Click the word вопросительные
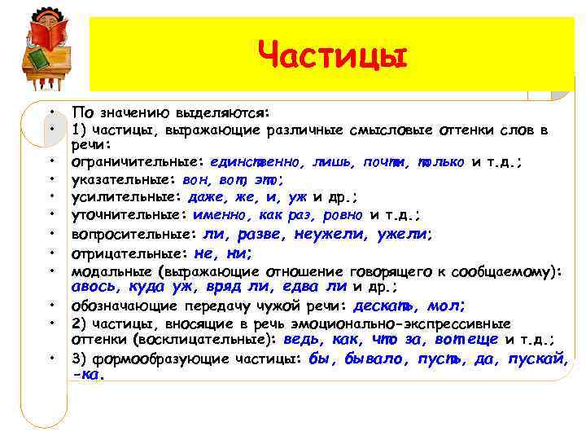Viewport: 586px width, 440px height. tap(133, 235)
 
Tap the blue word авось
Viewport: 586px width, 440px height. tap(94, 287)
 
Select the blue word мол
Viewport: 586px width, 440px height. tap(446, 306)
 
